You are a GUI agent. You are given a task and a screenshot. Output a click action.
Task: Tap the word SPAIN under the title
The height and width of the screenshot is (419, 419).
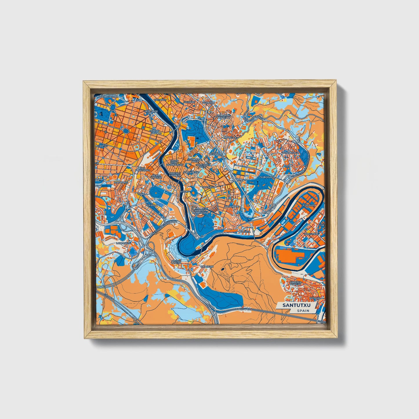pyautogui.click(x=303, y=311)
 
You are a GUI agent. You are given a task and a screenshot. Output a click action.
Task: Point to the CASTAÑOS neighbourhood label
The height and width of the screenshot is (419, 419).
pyautogui.click(x=160, y=99)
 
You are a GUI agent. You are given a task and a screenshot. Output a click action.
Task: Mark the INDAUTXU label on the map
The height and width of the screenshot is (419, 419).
pyautogui.click(x=101, y=146)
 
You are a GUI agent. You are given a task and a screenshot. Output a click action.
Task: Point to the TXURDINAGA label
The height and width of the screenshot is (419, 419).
pyautogui.click(x=267, y=177)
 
